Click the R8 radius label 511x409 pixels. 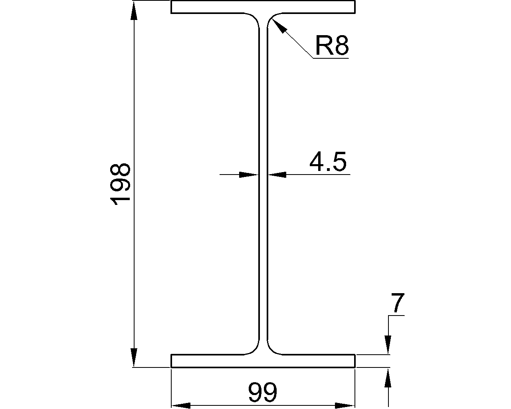pos(332,45)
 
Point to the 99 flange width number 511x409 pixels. pos(262,393)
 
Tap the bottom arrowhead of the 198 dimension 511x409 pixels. pos(134,357)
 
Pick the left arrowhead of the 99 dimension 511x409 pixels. pos(180,405)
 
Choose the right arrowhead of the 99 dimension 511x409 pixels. pos(345,405)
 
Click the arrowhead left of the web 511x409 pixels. pos(248,175)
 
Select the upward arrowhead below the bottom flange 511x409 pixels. pos(388,377)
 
